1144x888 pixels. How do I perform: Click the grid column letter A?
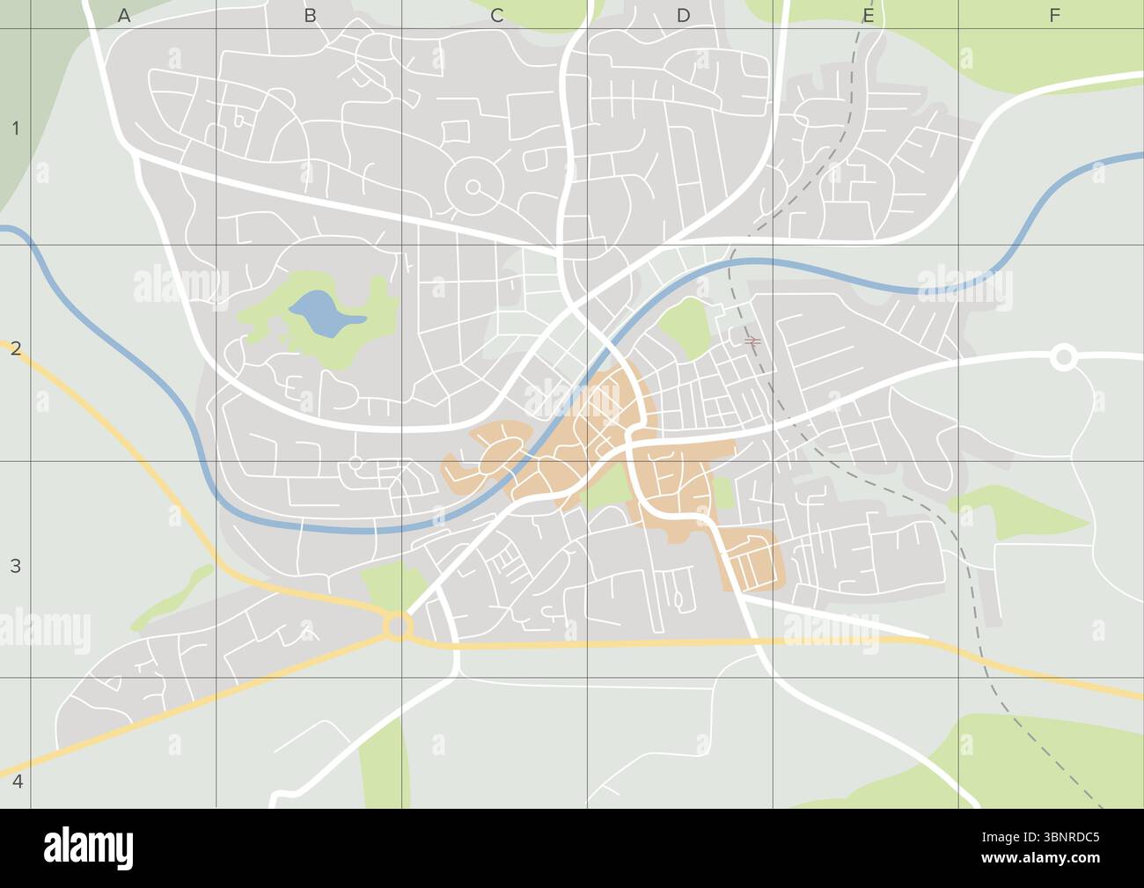[x=124, y=15]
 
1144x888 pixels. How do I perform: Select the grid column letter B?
[x=310, y=15]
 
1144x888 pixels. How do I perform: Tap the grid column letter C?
[x=496, y=15]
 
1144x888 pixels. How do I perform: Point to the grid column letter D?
[x=683, y=15]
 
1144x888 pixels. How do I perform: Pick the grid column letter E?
[x=868, y=15]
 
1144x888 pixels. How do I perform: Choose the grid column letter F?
[x=1054, y=15]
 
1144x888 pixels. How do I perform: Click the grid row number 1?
[x=15, y=129]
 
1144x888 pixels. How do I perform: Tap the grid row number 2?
[x=15, y=348]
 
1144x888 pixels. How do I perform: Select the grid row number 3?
[x=15, y=566]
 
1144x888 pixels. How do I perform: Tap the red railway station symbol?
[x=752, y=341]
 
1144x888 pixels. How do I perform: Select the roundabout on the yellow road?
[x=398, y=627]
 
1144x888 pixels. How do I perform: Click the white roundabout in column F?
[x=1063, y=357]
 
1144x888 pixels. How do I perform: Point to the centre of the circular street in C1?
[x=473, y=187]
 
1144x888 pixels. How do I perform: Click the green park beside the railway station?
[x=685, y=327]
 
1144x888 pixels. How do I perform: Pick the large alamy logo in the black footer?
[x=89, y=847]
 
